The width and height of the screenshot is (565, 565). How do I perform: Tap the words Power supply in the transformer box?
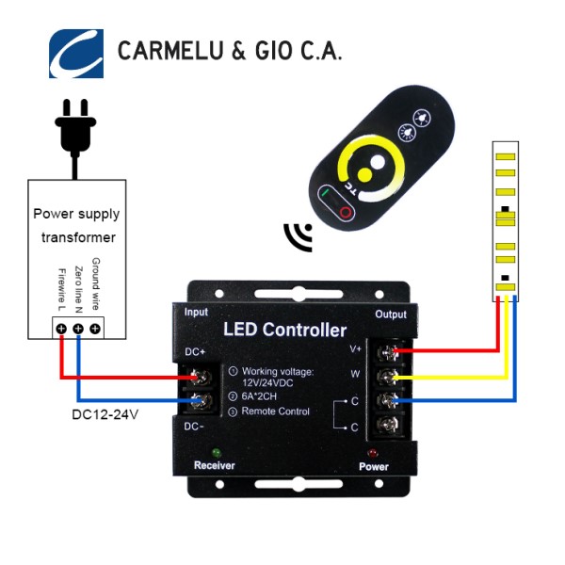74,214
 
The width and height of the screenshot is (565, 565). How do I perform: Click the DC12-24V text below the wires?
105,413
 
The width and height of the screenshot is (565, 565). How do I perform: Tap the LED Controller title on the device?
284,330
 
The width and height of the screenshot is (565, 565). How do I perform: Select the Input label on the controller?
196,312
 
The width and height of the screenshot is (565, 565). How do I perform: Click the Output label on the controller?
391,314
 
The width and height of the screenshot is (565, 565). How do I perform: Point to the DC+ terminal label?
195,352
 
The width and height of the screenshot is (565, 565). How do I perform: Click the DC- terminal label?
195,427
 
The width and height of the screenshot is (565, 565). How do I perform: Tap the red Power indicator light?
375,452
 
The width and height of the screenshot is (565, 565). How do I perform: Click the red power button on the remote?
346,214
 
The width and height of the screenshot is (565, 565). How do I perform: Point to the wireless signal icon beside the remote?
299,237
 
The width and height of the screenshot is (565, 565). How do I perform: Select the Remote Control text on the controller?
277,412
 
